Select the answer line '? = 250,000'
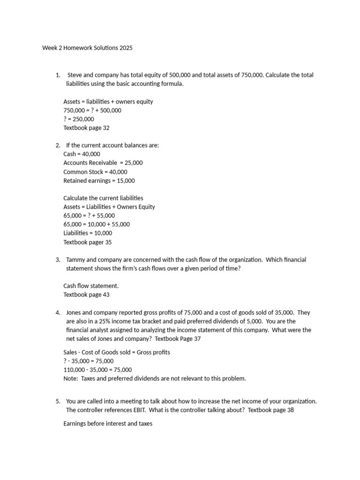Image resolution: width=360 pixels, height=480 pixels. click(79, 119)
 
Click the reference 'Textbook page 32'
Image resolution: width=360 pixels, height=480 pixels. click(86, 127)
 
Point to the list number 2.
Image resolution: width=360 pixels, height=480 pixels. click(57, 145)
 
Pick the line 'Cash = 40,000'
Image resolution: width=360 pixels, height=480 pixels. click(82, 154)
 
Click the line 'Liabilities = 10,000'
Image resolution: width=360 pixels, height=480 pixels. click(88, 233)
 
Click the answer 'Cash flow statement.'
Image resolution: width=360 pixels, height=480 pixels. click(91, 286)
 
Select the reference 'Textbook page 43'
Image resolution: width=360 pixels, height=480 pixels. click(86, 295)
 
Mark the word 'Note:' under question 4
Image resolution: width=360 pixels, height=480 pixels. click(71, 378)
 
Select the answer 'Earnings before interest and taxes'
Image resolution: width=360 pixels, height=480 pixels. click(108, 424)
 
